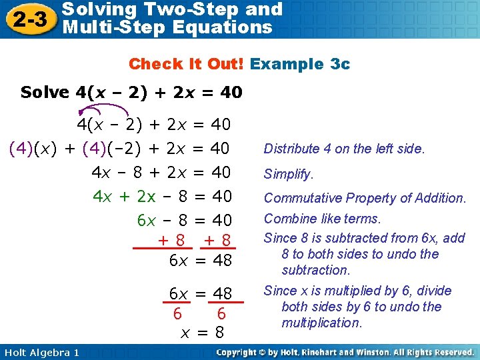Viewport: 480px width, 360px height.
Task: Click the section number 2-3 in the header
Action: tap(29, 19)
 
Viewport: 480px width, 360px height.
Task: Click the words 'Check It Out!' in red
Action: tap(187, 64)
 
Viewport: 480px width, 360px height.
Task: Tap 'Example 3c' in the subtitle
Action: tap(300, 64)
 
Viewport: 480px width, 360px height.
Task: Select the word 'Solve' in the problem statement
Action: tap(45, 92)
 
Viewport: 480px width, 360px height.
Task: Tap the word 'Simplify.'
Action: tap(288, 174)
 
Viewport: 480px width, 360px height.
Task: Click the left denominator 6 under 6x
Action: tap(177, 313)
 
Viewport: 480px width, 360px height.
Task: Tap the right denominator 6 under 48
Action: tap(221, 313)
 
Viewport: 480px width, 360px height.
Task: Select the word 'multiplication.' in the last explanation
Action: tap(321, 323)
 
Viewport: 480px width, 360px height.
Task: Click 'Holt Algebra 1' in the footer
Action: tap(40, 352)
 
